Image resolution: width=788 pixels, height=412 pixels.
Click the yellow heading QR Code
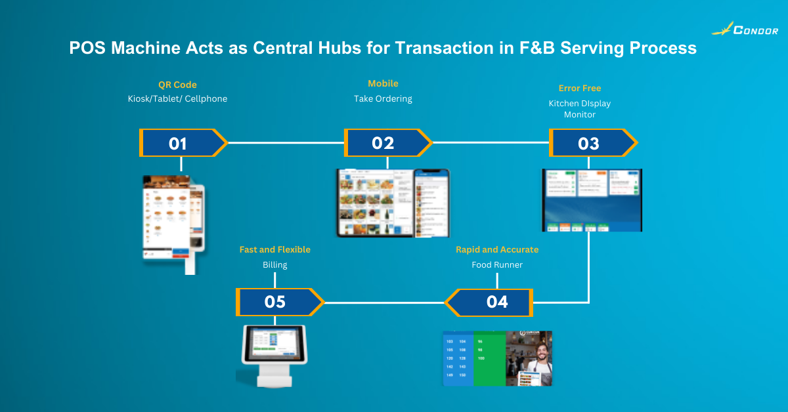[177, 85]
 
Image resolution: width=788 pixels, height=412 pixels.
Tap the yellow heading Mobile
[383, 83]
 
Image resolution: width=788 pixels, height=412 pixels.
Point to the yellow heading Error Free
[579, 88]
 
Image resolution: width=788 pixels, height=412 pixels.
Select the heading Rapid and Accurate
[497, 249]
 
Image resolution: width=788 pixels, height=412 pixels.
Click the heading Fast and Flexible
[274, 249]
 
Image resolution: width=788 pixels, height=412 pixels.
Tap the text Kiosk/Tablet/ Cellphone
[177, 99]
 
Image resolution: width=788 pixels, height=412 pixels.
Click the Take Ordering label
[383, 98]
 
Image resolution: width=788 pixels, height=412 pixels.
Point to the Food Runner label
[497, 265]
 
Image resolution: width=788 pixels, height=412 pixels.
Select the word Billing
[274, 265]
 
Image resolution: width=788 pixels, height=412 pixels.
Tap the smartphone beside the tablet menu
[432, 203]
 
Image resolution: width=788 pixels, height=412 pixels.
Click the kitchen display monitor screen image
[592, 200]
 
